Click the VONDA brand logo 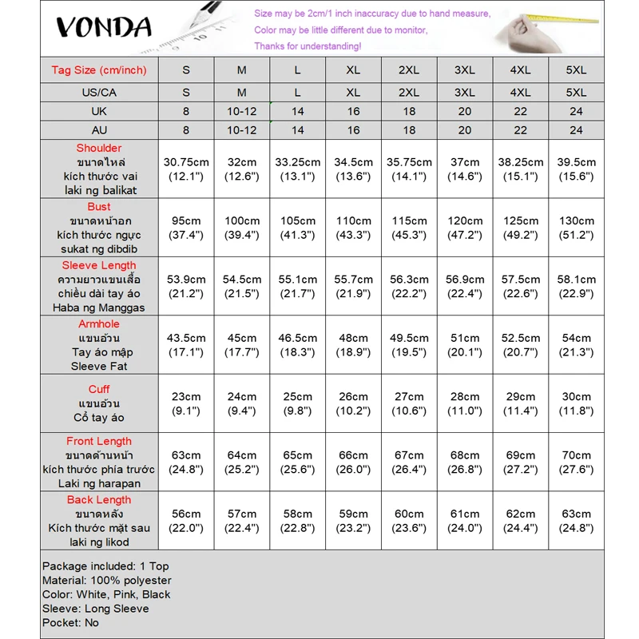click(104, 27)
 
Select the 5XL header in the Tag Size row click(576, 70)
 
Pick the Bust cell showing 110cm click(353, 228)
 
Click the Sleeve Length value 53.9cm click(186, 286)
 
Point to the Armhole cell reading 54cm click(576, 345)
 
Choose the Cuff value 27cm click(409, 403)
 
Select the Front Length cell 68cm click(465, 462)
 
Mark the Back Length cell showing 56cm click(186, 521)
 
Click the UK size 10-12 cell click(242, 111)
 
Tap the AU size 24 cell click(576, 130)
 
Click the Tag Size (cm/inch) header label click(99, 70)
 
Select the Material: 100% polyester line click(107, 580)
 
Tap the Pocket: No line click(71, 622)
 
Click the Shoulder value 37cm click(465, 169)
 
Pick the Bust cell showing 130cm click(576, 228)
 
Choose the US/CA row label click(99, 92)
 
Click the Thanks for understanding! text click(307, 46)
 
